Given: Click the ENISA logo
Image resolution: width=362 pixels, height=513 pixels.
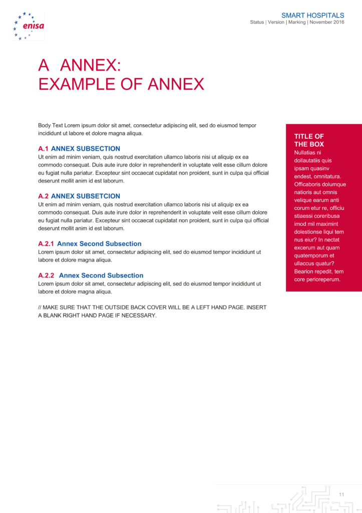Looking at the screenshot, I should point(29,26).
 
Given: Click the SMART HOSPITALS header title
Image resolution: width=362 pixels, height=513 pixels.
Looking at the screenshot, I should point(312,16).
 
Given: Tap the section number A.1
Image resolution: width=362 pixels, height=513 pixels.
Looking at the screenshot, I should point(43,149).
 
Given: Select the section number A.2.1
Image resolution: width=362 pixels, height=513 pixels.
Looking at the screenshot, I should point(46,244).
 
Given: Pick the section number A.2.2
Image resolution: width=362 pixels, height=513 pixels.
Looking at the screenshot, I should point(46,276).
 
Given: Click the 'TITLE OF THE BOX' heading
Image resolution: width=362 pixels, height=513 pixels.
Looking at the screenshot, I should point(309,140).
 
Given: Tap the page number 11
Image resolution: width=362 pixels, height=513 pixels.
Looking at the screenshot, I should point(341,495).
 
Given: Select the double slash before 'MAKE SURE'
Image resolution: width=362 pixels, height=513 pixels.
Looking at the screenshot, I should point(40,307).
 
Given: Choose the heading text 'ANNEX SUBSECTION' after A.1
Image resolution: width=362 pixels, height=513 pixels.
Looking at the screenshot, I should point(86,149).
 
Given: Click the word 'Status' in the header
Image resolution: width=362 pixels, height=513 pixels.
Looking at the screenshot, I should point(257,23).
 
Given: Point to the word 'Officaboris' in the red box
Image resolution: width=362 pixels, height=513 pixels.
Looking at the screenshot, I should point(308,184).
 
